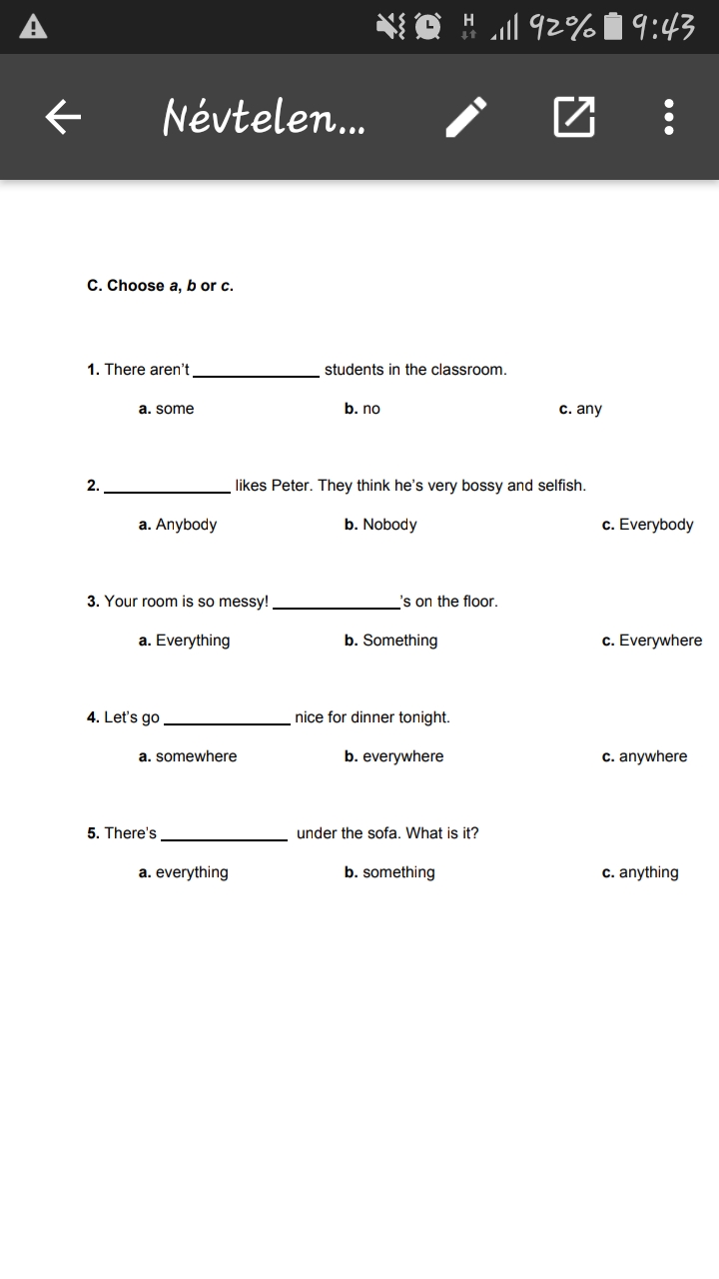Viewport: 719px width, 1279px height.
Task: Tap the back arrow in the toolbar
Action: coord(63,118)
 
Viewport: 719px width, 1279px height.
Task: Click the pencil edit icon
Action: coord(466,118)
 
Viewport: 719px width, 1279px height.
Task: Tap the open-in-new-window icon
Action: coord(573,118)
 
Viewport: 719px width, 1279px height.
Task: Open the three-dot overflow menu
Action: coord(669,118)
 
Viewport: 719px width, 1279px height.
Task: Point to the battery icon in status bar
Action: coord(614,27)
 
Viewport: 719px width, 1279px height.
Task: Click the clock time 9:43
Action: coord(664,27)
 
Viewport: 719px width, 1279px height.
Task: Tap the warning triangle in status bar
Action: coord(33,27)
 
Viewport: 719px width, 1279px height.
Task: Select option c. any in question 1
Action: coord(581,409)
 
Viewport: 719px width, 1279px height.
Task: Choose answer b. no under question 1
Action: coord(362,409)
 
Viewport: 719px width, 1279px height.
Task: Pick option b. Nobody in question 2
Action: coord(380,525)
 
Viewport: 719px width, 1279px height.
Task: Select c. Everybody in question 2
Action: coord(647,525)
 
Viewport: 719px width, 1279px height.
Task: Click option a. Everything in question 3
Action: coord(184,640)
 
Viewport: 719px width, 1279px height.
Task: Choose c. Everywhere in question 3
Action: coord(651,640)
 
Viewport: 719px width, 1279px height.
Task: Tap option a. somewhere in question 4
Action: coord(188,756)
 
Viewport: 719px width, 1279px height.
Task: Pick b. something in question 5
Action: coord(389,872)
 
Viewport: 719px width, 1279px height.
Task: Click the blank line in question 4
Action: coord(227,721)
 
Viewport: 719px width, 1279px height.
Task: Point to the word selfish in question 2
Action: coord(561,486)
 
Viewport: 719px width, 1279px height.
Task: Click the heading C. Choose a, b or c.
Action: coord(160,286)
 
